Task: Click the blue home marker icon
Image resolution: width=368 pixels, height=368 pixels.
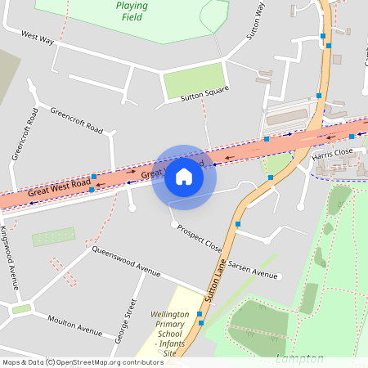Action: point(184,177)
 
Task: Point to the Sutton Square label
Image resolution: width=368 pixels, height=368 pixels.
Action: point(204,94)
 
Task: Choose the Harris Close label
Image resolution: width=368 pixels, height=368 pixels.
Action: point(332,152)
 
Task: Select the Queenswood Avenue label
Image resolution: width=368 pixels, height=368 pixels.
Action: point(126,259)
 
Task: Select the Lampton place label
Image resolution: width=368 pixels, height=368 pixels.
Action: point(299,358)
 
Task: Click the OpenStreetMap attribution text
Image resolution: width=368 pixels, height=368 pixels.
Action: point(83,362)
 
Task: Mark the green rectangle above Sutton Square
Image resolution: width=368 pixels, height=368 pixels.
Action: point(193,79)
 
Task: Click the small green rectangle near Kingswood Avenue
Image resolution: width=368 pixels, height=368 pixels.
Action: point(53,239)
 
